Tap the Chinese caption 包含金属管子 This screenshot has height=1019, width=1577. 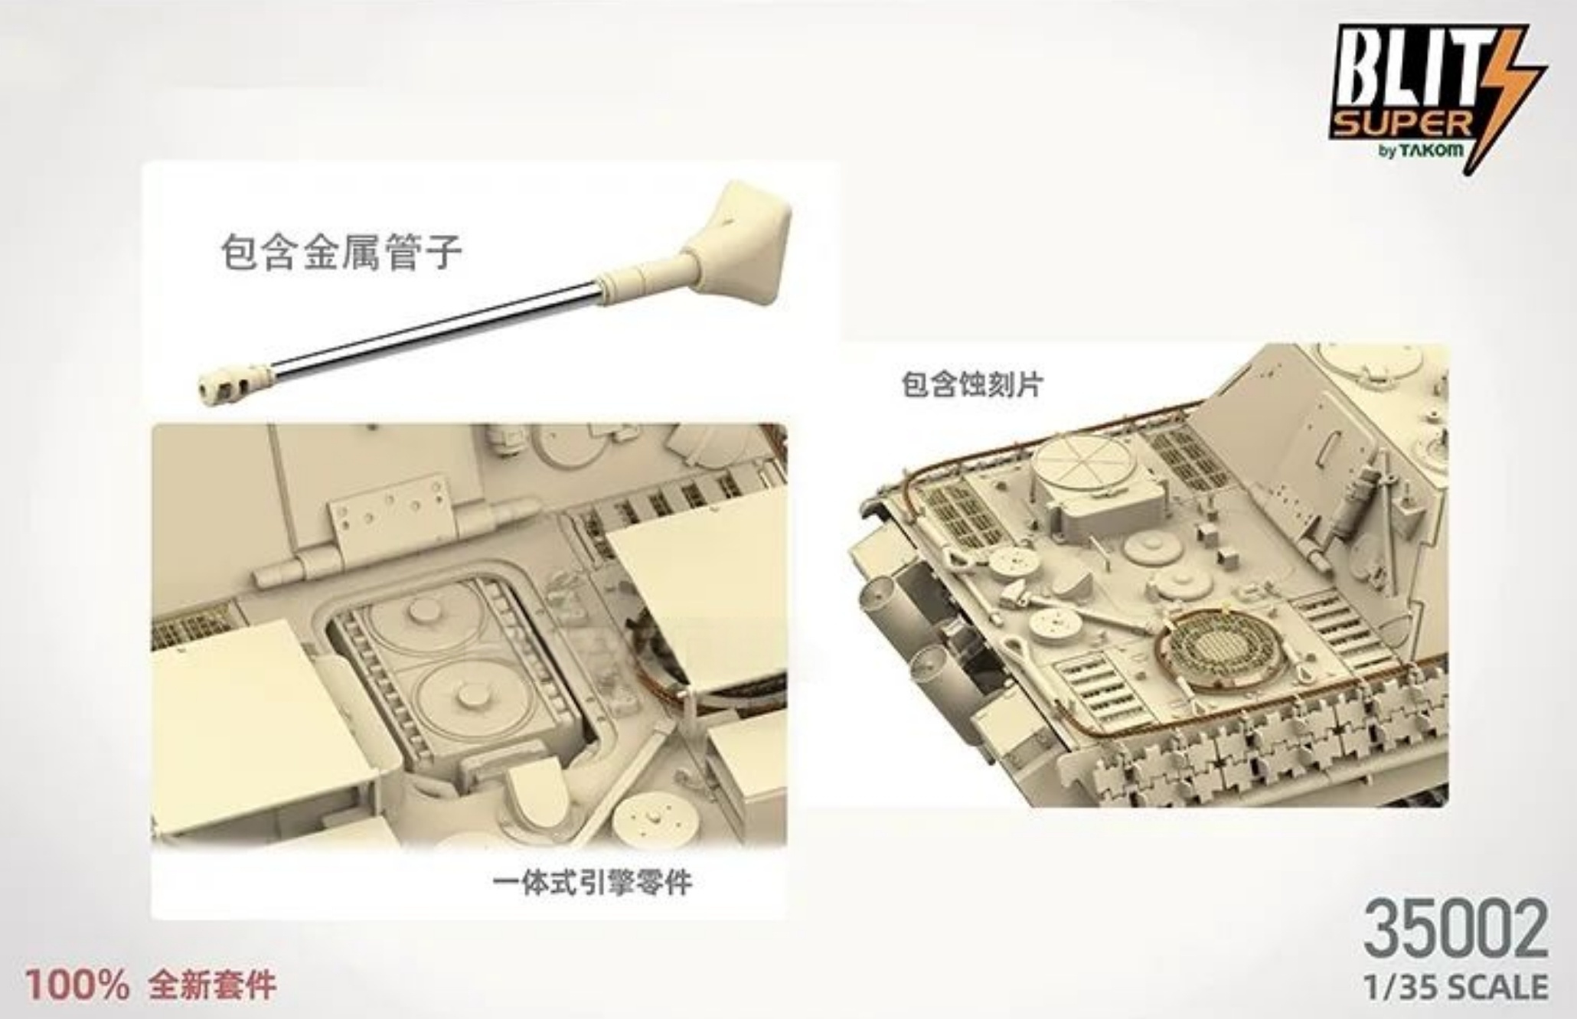pos(341,252)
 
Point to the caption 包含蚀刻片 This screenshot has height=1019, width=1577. pos(971,384)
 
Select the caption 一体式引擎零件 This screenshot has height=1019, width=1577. pos(593,883)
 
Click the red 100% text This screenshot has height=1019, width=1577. pos(77,985)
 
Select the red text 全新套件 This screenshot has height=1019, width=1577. pos(212,985)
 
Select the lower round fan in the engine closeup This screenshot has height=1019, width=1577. pos(463,697)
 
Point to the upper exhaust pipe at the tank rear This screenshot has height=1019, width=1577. pos(880,597)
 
